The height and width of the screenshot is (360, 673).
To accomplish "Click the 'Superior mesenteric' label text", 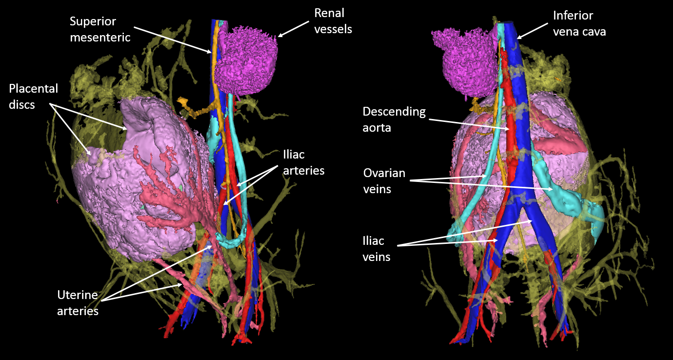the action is tap(100, 29).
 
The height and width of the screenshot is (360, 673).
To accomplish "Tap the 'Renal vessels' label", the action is tap(333, 20).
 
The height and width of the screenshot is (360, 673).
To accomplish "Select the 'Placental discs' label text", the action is tap(33, 96).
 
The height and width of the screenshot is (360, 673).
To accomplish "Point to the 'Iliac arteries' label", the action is tap(303, 162).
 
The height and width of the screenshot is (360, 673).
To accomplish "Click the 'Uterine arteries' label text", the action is tap(78, 302).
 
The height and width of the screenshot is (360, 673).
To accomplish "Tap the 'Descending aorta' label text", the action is tap(394, 119).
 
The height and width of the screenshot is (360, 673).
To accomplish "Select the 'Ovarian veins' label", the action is tap(384, 181).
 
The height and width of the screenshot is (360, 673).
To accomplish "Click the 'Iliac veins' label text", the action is tap(376, 248).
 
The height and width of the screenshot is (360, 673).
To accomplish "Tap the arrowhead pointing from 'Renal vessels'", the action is tap(279, 36).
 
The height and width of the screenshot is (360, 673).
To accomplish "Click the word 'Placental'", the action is tap(33, 89).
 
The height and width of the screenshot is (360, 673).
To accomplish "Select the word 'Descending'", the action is tap(394, 112).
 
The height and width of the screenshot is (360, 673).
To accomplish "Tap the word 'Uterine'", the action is tap(78, 295).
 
